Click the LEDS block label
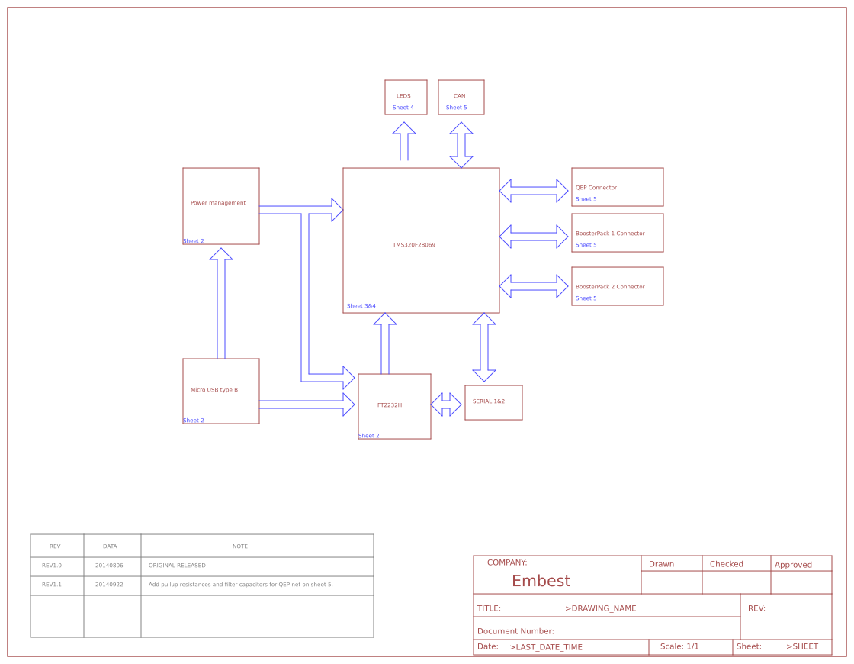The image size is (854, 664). pos(403,96)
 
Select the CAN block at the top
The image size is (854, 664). pos(461,98)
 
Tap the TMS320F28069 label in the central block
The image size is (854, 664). pos(414,245)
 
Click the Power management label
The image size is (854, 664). pos(218,203)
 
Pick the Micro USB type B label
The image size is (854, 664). pos(214,390)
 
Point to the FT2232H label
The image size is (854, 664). pos(390,405)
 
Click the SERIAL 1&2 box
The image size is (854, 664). pos(493,402)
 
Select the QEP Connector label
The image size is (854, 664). pos(596,188)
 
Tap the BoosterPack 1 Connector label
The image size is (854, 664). pos(610,234)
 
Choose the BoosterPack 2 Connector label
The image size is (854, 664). pos(610,287)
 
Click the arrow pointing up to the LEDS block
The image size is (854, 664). pos(404,141)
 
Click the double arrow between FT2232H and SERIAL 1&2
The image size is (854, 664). pos(446,405)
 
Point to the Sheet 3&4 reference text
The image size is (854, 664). pos(361,306)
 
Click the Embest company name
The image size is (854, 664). pos(541,581)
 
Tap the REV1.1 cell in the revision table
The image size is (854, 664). pos(52,585)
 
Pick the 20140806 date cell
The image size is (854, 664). pos(109,566)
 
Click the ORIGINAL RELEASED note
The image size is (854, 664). pos(177,566)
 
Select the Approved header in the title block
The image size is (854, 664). pos(793,565)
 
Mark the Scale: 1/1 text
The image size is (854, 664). pos(679,646)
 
